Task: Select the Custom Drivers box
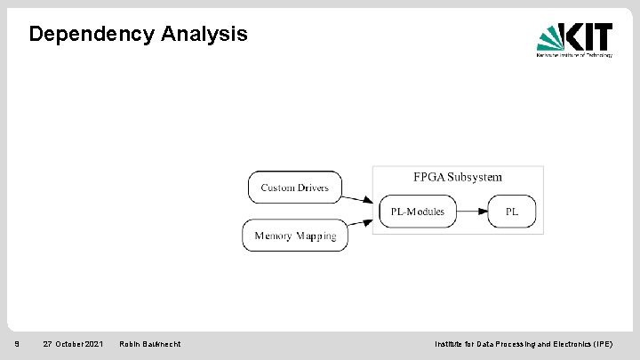(x=294, y=188)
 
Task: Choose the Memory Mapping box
(x=295, y=236)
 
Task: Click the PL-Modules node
(x=417, y=212)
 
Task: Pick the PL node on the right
(x=511, y=212)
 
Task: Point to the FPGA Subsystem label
(x=457, y=177)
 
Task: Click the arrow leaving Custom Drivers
(x=357, y=198)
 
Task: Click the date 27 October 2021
(x=73, y=344)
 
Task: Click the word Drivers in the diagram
(x=312, y=188)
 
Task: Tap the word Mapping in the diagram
(x=316, y=236)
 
